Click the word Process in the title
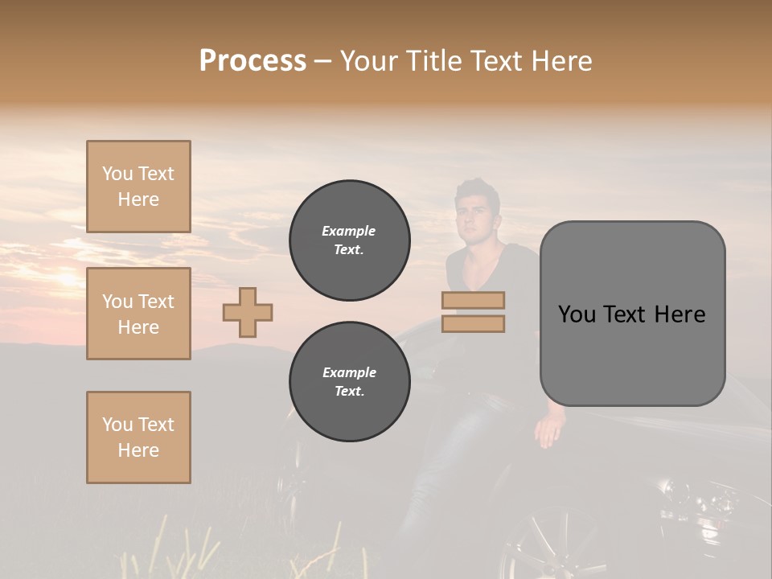253,61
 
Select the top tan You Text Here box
138,187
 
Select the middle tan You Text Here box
138,314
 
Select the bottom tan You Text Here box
138,437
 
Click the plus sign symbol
248,312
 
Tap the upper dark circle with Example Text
350,240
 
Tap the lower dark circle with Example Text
350,382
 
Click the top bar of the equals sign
473,300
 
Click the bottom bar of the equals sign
473,323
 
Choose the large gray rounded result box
632,314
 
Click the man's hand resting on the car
550,432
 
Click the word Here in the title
561,61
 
